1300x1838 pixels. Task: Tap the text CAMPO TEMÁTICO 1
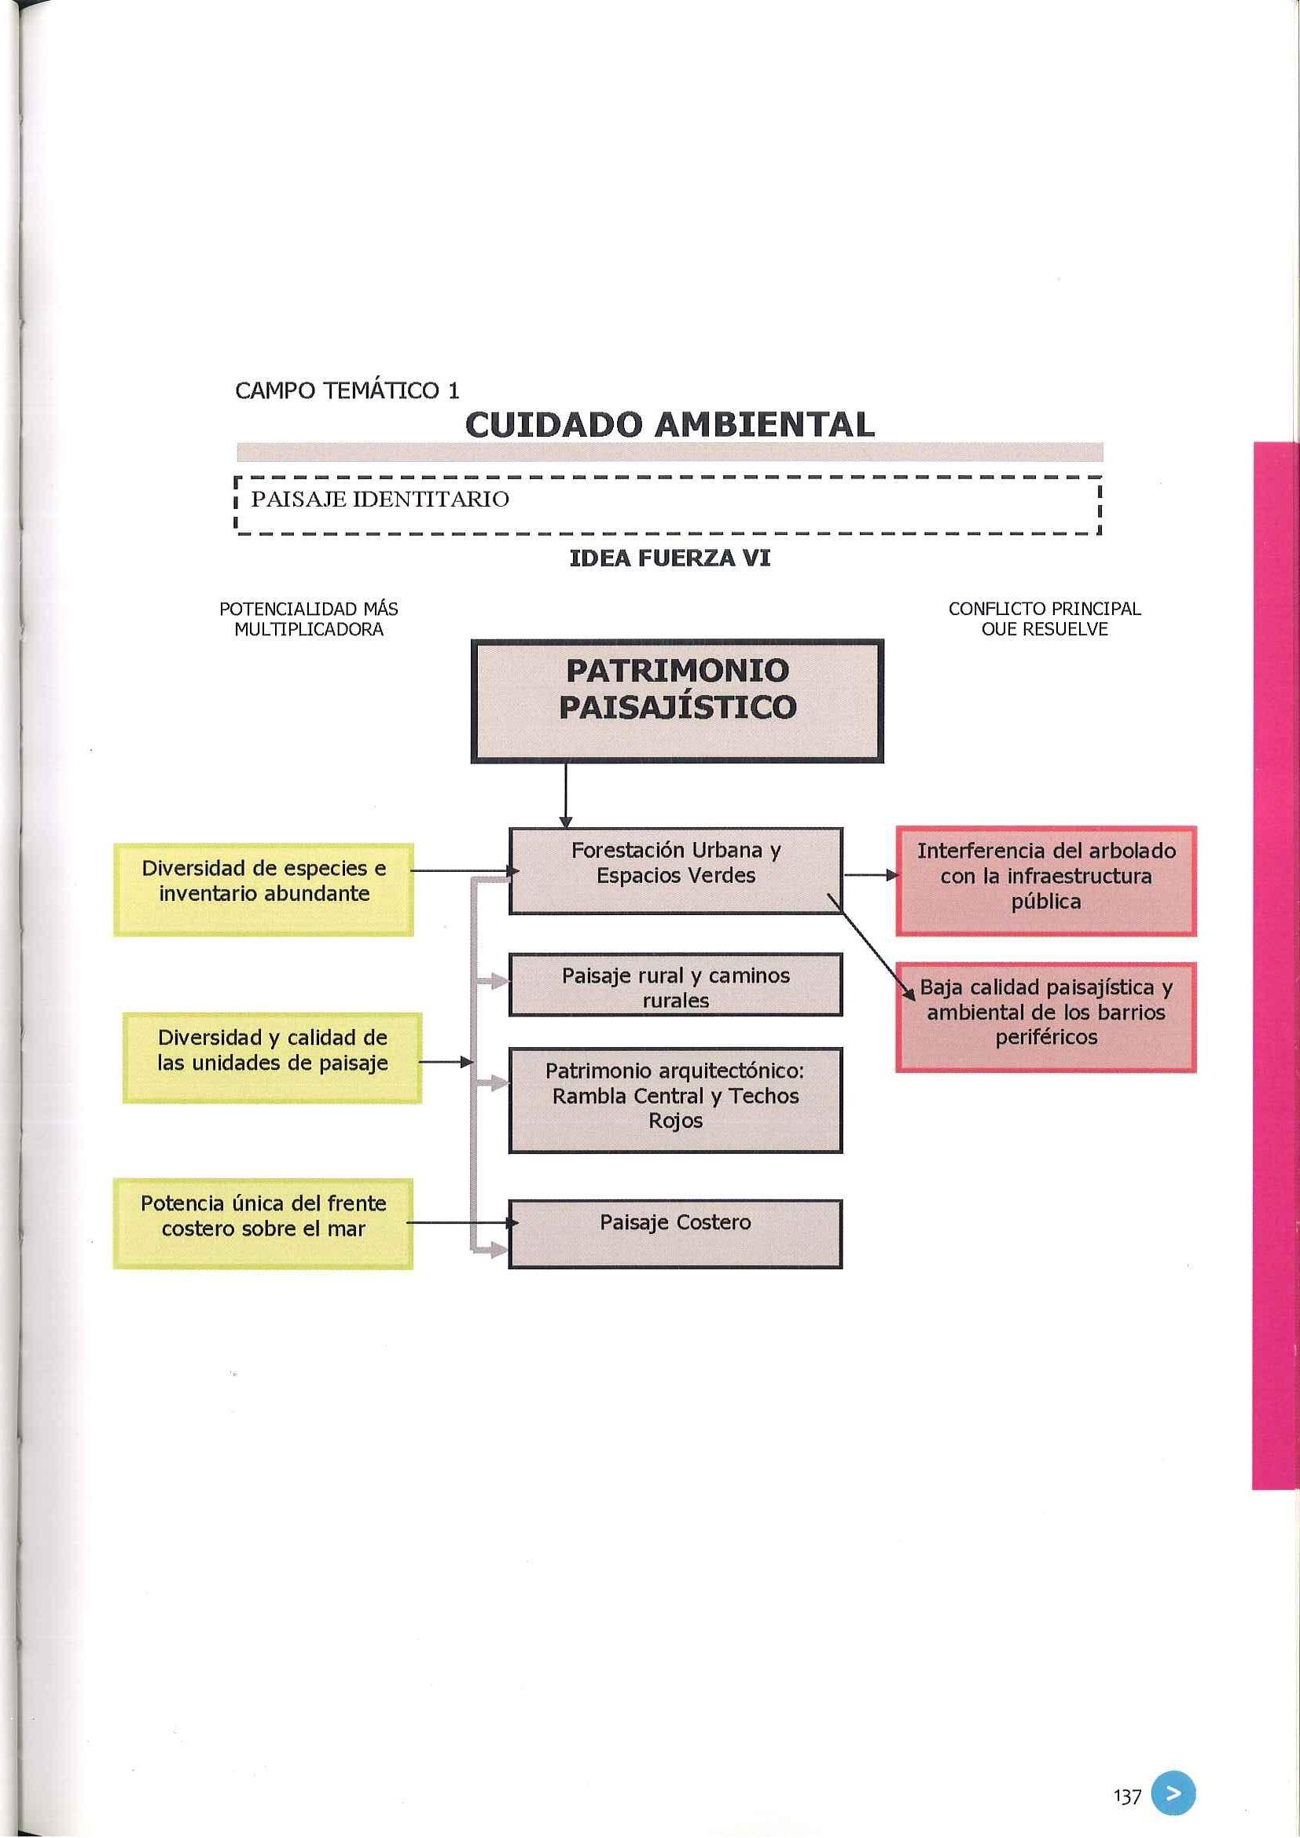(x=347, y=390)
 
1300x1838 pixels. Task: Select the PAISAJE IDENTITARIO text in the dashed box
(x=380, y=500)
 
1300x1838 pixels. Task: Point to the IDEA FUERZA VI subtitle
(x=670, y=558)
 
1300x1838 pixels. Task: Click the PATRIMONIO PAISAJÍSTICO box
(x=677, y=701)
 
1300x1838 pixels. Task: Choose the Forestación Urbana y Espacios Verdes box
(x=675, y=870)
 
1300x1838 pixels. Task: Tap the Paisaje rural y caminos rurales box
(x=675, y=985)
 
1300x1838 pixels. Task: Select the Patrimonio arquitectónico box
(x=675, y=1098)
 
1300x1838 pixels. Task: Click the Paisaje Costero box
(x=675, y=1233)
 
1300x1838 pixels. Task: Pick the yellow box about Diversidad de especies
(x=263, y=888)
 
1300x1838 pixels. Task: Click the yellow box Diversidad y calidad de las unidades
(x=272, y=1056)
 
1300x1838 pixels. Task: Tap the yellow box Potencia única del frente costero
(x=263, y=1222)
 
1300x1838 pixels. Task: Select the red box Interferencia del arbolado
(x=1045, y=880)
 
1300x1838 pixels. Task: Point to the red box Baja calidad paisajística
(x=1045, y=1016)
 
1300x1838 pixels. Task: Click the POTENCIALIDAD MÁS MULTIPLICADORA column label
(x=308, y=619)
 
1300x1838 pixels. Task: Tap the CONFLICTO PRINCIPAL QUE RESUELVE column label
(x=1044, y=619)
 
